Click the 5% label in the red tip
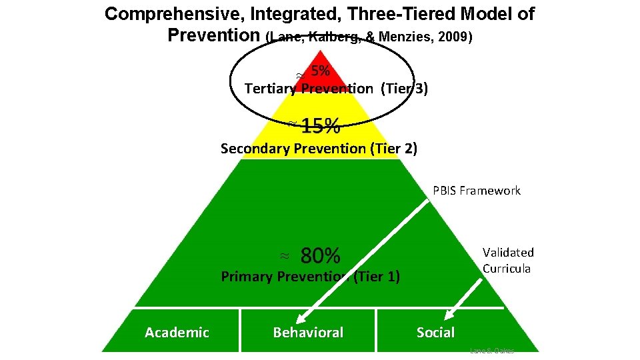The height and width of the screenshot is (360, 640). (321, 71)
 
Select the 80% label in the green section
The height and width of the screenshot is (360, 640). (321, 255)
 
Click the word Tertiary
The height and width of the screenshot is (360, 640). (271, 89)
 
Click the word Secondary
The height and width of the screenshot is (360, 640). (256, 148)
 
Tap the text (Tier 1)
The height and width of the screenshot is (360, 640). (378, 276)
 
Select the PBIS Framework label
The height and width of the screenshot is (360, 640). (476, 191)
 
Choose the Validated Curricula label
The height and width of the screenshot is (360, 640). (507, 260)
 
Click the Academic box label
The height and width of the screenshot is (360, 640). (177, 333)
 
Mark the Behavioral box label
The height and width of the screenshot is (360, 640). (308, 333)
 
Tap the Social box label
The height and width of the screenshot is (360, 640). (435, 333)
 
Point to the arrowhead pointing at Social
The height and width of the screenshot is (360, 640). (450, 317)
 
